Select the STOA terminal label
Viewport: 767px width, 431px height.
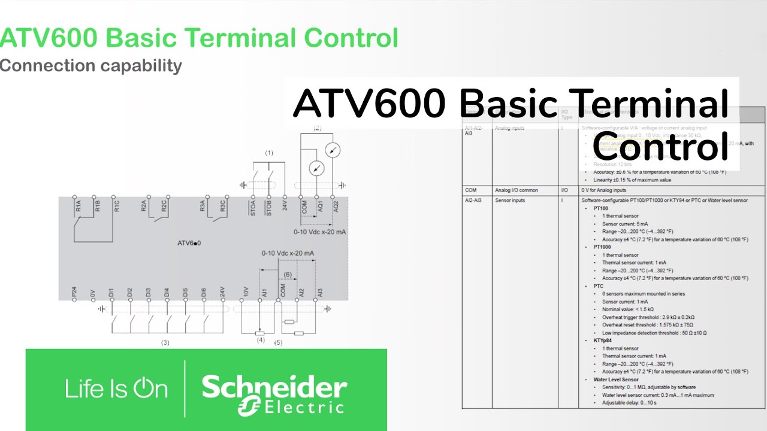tap(253, 209)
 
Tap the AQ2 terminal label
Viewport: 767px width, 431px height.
tap(336, 207)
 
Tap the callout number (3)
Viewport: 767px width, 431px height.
tap(165, 343)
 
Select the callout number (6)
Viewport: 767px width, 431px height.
tap(288, 275)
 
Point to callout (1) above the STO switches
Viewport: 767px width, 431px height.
tap(269, 153)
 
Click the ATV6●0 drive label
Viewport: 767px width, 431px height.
tap(189, 243)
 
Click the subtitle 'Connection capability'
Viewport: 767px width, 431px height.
tap(91, 65)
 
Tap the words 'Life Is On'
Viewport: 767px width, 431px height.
tap(116, 389)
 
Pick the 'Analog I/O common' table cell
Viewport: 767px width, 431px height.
tap(517, 190)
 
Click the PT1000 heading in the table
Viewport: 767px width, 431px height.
tap(602, 247)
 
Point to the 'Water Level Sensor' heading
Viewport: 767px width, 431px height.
tap(616, 380)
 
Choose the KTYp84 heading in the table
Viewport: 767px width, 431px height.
tap(603, 341)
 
